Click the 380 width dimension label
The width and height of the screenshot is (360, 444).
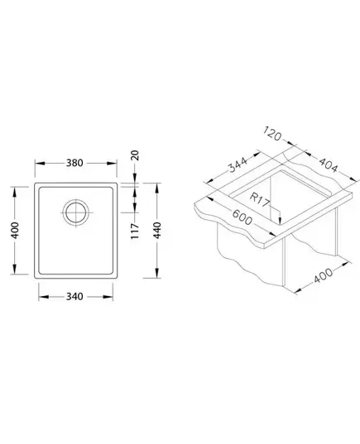(x=74, y=163)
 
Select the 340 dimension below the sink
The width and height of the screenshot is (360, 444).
(x=74, y=297)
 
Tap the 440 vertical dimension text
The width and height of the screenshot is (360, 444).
(x=157, y=231)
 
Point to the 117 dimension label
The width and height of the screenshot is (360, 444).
(x=135, y=231)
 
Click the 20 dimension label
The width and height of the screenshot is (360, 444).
(x=136, y=155)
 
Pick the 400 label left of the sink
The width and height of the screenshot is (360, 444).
(x=15, y=231)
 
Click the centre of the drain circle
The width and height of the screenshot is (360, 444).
(x=75, y=212)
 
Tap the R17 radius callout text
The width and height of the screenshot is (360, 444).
(x=259, y=199)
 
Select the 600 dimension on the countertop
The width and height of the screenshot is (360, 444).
(x=242, y=217)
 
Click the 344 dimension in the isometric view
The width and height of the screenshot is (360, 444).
(x=238, y=165)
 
